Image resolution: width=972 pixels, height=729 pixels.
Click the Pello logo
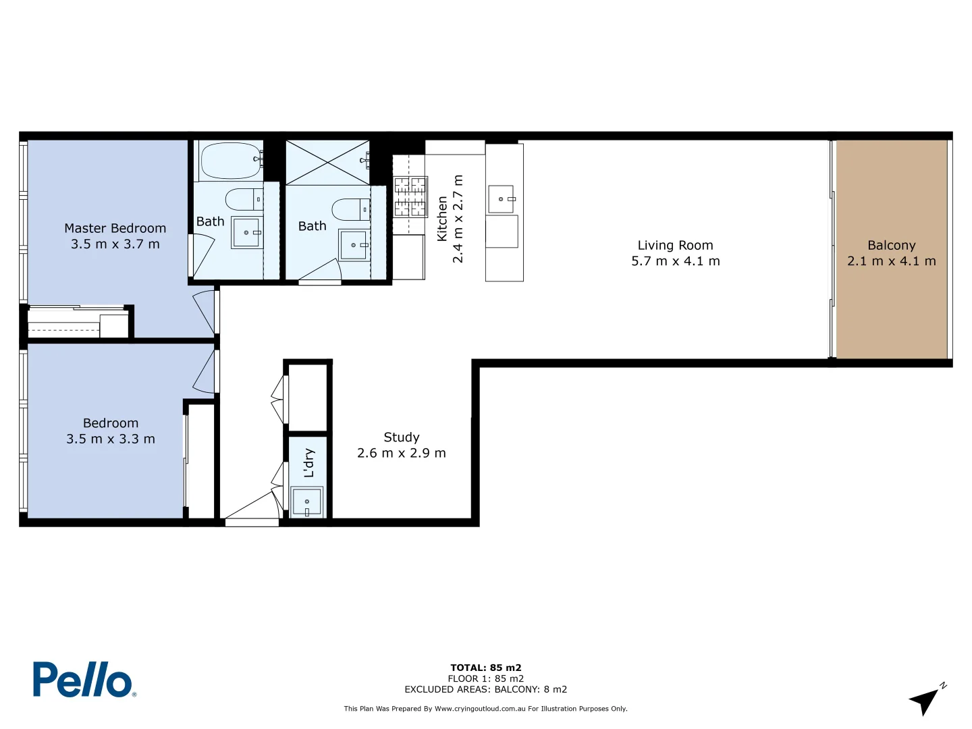[84, 679]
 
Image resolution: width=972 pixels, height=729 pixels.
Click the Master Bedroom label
[115, 228]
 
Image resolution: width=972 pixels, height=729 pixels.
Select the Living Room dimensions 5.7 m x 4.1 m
[675, 261]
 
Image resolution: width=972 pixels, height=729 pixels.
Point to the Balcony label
[891, 245]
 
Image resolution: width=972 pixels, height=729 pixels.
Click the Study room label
[401, 437]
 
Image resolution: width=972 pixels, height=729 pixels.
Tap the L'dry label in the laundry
[309, 463]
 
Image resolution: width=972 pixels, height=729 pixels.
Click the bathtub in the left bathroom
[231, 161]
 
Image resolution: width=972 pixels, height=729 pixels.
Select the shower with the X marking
[327, 162]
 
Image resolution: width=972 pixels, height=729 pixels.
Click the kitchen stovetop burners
[410, 196]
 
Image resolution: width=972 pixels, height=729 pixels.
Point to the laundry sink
[306, 502]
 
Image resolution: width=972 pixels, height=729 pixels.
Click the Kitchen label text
[442, 219]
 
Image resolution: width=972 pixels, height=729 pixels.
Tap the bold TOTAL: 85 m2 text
[485, 668]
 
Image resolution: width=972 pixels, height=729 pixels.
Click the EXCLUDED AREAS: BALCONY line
[485, 689]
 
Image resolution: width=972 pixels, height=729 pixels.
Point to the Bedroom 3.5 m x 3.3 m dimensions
[111, 439]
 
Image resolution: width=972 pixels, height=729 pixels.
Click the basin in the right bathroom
[354, 245]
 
